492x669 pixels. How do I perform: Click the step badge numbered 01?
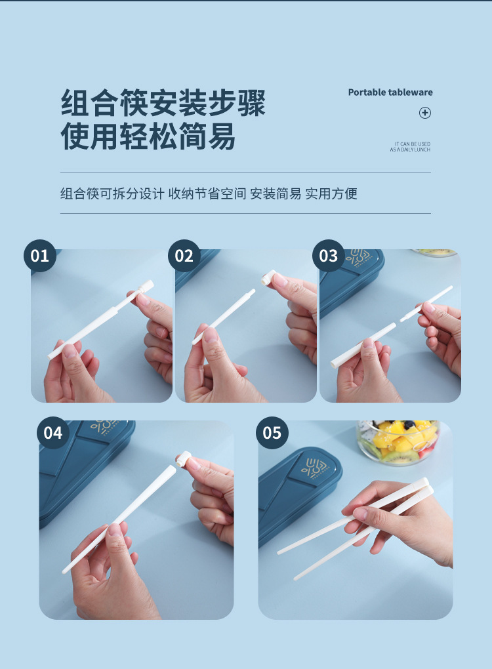pos(39,256)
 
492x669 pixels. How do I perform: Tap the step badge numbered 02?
pos(184,256)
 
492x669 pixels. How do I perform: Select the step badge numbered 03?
pos(329,256)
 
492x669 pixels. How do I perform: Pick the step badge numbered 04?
pos(53,433)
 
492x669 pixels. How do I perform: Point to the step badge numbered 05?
pos(272,433)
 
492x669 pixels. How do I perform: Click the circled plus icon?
pos(425,113)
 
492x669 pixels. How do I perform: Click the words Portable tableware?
pos(390,92)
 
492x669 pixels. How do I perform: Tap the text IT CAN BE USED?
pos(412,144)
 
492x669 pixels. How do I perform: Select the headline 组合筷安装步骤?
pos(163,103)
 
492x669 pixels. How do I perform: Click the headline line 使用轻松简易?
pos(148,136)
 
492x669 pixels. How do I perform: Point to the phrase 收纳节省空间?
pos(207,193)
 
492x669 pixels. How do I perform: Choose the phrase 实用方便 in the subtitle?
pos(331,193)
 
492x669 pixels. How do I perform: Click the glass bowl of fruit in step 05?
pos(398,442)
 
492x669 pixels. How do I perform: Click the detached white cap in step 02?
pos(269,277)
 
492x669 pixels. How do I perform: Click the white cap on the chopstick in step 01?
pos(146,285)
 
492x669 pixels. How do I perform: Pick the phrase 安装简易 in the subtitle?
pos(276,193)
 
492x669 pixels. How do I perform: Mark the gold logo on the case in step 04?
pos(105,427)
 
